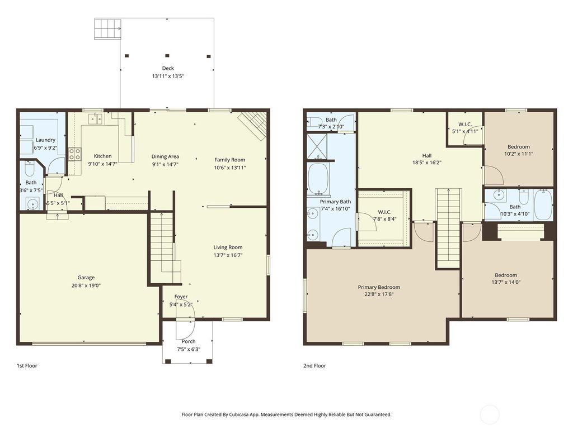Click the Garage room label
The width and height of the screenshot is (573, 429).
tap(86, 278)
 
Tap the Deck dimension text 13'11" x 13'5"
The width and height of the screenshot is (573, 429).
tap(168, 76)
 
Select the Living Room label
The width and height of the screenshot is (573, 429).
tap(228, 247)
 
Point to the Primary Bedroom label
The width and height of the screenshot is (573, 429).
tap(379, 287)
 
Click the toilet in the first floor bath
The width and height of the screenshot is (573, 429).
tap(30, 168)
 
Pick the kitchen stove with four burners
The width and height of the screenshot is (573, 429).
tap(74, 154)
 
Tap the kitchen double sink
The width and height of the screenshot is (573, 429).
tap(95, 118)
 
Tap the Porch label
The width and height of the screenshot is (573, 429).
tap(189, 341)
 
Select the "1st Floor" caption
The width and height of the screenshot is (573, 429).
tap(27, 366)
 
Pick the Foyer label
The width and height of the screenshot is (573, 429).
tap(181, 297)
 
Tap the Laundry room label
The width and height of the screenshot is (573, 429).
tap(45, 140)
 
